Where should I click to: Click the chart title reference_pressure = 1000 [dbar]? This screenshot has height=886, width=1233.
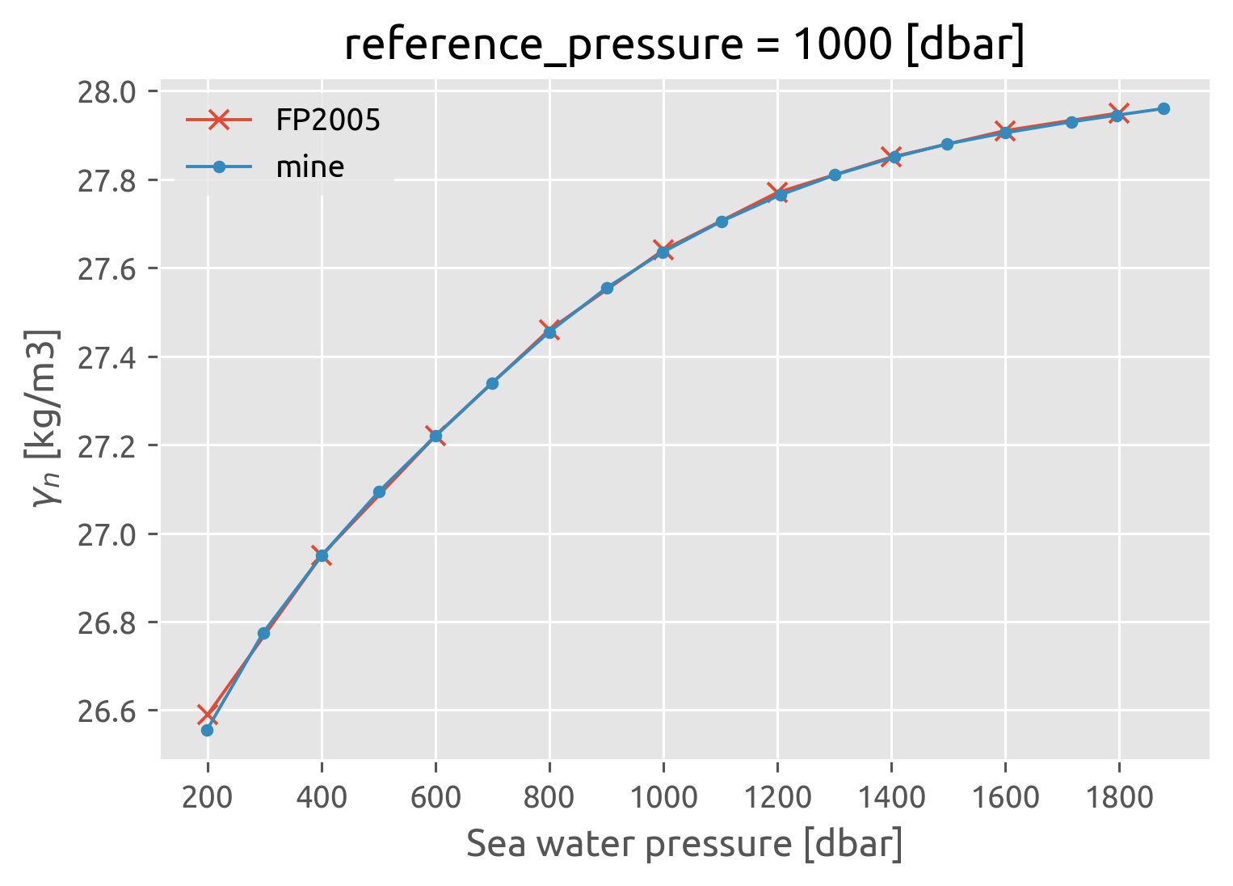[x=684, y=45]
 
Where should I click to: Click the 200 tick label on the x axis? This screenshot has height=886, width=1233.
[x=208, y=798]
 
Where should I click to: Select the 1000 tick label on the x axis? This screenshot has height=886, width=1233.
[x=663, y=798]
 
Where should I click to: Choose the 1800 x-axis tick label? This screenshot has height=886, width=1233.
[x=1118, y=798]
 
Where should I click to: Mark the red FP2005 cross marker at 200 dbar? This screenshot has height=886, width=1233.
[x=208, y=715]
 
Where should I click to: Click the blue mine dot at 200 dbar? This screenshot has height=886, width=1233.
[x=207, y=730]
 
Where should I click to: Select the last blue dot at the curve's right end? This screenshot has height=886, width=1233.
[x=1164, y=108]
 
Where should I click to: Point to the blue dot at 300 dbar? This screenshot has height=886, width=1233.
[x=263, y=633]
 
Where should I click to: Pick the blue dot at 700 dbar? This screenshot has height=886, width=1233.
[x=492, y=383]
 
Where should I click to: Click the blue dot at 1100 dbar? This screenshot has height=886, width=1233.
[x=722, y=221]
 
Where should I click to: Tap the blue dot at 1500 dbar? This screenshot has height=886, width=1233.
[x=947, y=144]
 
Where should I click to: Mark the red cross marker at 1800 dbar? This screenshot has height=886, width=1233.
[x=1118, y=112]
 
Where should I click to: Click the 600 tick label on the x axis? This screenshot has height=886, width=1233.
[x=436, y=798]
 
